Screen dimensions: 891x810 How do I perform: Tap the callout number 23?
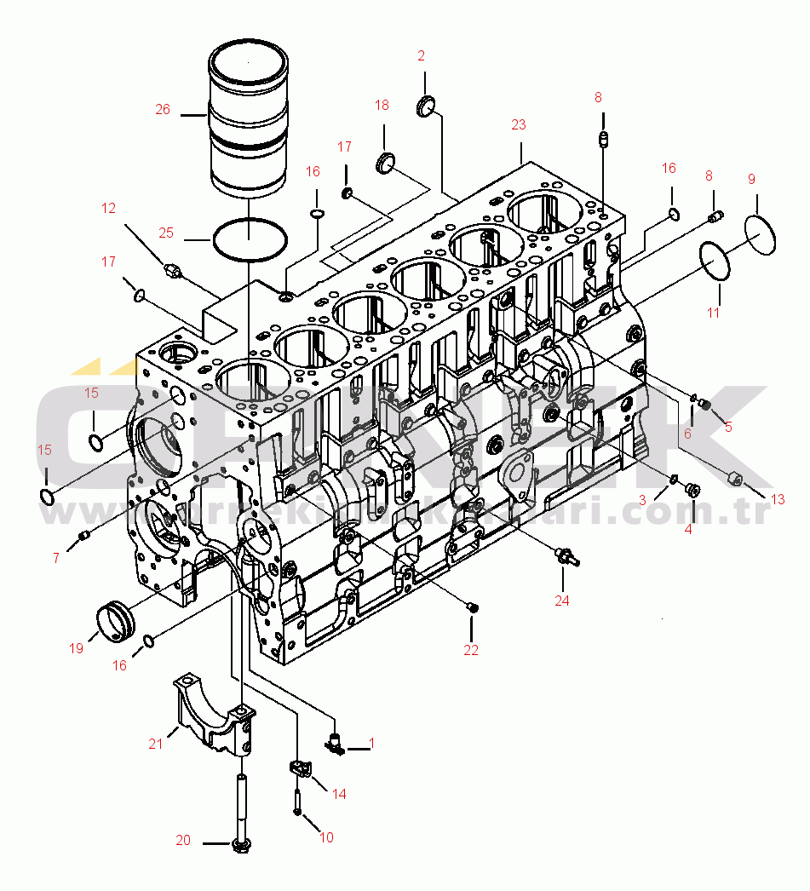click(519, 124)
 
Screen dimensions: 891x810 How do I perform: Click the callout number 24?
click(561, 600)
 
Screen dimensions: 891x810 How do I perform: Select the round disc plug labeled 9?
click(761, 233)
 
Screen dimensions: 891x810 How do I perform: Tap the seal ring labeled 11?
click(715, 262)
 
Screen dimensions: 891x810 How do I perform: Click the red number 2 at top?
click(421, 56)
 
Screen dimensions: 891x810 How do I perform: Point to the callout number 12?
click(108, 207)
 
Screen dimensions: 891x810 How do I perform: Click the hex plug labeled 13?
click(734, 478)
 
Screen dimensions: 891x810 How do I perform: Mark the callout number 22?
click(471, 650)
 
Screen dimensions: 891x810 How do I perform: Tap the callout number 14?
click(339, 794)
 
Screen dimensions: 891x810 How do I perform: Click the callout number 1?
click(371, 744)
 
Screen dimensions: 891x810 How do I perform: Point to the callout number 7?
click(56, 558)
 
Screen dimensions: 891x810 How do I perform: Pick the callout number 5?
click(728, 427)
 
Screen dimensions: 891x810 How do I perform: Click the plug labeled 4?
click(692, 490)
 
